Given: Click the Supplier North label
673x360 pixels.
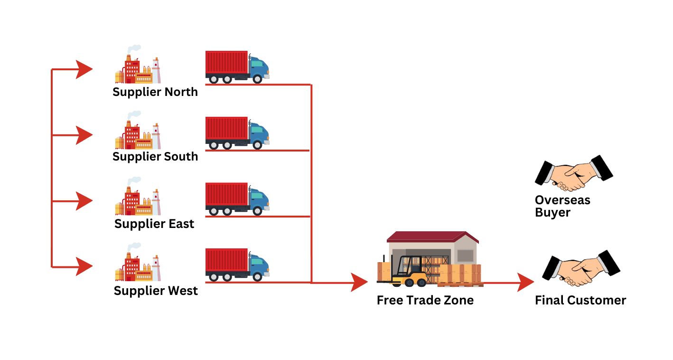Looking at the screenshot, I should pyautogui.click(x=155, y=92).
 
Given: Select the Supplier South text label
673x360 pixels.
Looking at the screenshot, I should pyautogui.click(x=155, y=156).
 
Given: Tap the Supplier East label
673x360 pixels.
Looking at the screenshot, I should pyautogui.click(x=154, y=224).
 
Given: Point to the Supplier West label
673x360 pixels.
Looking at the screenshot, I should pyautogui.click(x=156, y=290).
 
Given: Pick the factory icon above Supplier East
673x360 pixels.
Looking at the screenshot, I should pyautogui.click(x=137, y=197).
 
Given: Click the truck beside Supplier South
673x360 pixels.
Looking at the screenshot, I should pyautogui.click(x=237, y=133).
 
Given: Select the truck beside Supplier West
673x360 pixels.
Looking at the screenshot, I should pyautogui.click(x=237, y=265).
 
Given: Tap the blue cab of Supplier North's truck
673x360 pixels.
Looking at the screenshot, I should pyautogui.click(x=259, y=67).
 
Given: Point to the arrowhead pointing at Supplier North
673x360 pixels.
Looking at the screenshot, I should pyautogui.click(x=84, y=70).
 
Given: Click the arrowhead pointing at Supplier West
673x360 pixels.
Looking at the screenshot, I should pyautogui.click(x=84, y=267).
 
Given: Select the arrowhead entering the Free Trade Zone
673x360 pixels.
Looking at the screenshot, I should pyautogui.click(x=359, y=283).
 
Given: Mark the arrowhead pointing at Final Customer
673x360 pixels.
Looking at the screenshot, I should pyautogui.click(x=526, y=283).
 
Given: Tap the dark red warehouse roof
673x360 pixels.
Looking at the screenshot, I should pyautogui.click(x=432, y=237).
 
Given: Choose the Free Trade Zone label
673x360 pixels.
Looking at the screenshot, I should pyautogui.click(x=425, y=300).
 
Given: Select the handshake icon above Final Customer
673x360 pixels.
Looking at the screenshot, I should pyautogui.click(x=581, y=268).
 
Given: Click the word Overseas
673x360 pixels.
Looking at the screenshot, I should pyautogui.click(x=562, y=200).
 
